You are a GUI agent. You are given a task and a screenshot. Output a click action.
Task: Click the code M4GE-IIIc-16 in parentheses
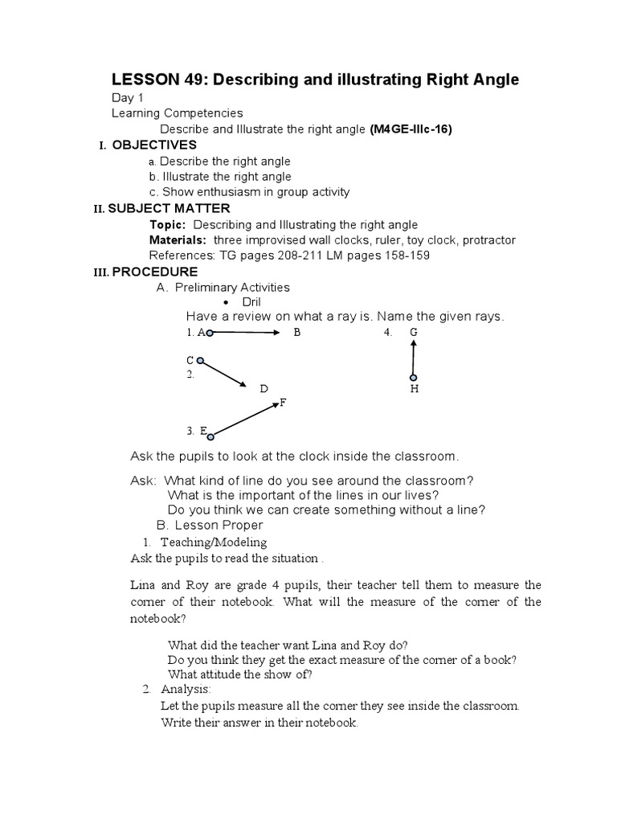pos(411,129)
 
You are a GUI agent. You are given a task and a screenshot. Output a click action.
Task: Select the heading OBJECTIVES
pos(154,145)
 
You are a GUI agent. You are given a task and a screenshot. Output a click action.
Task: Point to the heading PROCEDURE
pos(155,272)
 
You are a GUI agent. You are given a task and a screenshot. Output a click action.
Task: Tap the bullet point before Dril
pos(203,302)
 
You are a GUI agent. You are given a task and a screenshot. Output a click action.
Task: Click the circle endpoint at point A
pos(209,332)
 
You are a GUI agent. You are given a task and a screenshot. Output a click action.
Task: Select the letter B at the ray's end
pos(296,332)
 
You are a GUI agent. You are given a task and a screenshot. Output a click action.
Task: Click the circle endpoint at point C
pos(200,361)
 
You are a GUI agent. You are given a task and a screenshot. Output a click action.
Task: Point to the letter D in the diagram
pos(263,389)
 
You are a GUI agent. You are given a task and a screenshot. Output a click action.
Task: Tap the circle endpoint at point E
pos(210,437)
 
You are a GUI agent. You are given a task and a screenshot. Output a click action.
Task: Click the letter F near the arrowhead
pos(283,403)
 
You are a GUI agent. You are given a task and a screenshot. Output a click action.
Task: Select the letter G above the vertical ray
pos(413,332)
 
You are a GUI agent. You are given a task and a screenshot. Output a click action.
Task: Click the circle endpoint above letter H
pos(414,377)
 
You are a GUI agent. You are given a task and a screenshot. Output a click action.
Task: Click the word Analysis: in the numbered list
pos(186,689)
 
